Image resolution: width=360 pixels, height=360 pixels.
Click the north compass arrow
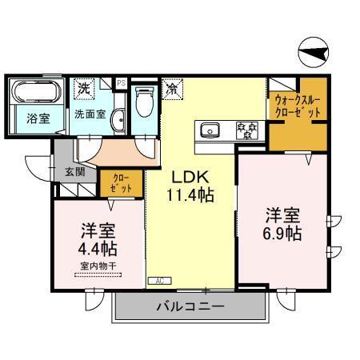pyautogui.click(x=314, y=54)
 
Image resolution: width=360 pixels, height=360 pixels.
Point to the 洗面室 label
pyautogui.click(x=90, y=114)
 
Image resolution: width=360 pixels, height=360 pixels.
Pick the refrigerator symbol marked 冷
pyautogui.click(x=171, y=90)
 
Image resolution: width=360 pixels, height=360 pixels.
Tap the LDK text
pyautogui.click(x=188, y=177)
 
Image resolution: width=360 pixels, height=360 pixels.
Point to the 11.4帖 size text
pyautogui.click(x=190, y=194)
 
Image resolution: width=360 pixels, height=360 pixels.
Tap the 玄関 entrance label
pyautogui.click(x=65, y=170)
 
